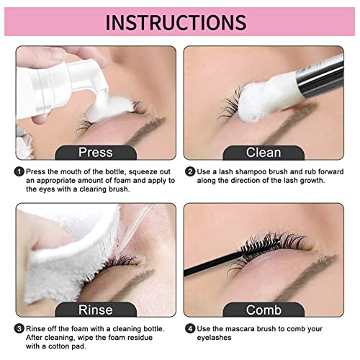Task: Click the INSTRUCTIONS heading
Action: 179,22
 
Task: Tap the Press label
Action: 96,152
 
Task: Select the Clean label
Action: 264,152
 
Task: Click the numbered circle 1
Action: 18,172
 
